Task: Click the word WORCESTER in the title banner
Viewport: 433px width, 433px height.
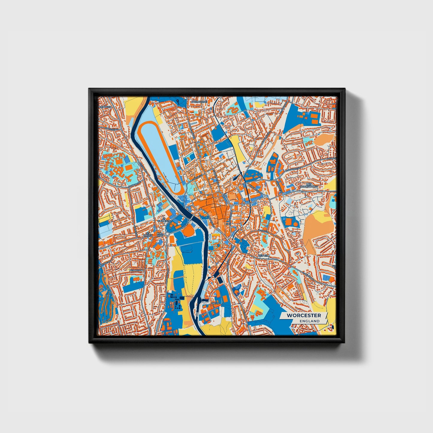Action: (304, 316)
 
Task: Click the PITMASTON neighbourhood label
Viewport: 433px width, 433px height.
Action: (137, 270)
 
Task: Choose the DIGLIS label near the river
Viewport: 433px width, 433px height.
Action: (215, 303)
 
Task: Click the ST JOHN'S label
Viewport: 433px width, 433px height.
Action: (148, 234)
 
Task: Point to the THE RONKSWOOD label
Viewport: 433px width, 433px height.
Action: (309, 185)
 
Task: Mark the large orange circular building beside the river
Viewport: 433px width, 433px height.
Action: (188, 231)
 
